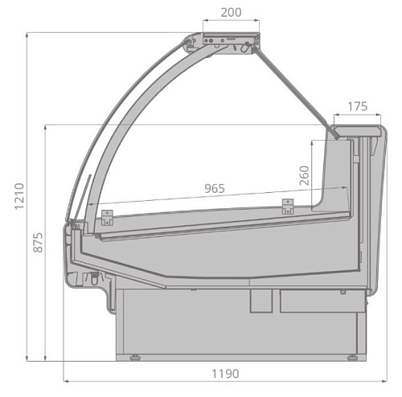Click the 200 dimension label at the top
tap(231, 12)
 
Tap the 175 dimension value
tap(358, 107)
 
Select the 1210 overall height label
tap(19, 196)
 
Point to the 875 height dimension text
tap(38, 243)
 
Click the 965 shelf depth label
tap(215, 189)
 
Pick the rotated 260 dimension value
tap(305, 175)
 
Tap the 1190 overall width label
tap(225, 374)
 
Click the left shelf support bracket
tap(107, 218)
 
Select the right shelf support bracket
tap(288, 207)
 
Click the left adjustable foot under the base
tap(135, 358)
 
